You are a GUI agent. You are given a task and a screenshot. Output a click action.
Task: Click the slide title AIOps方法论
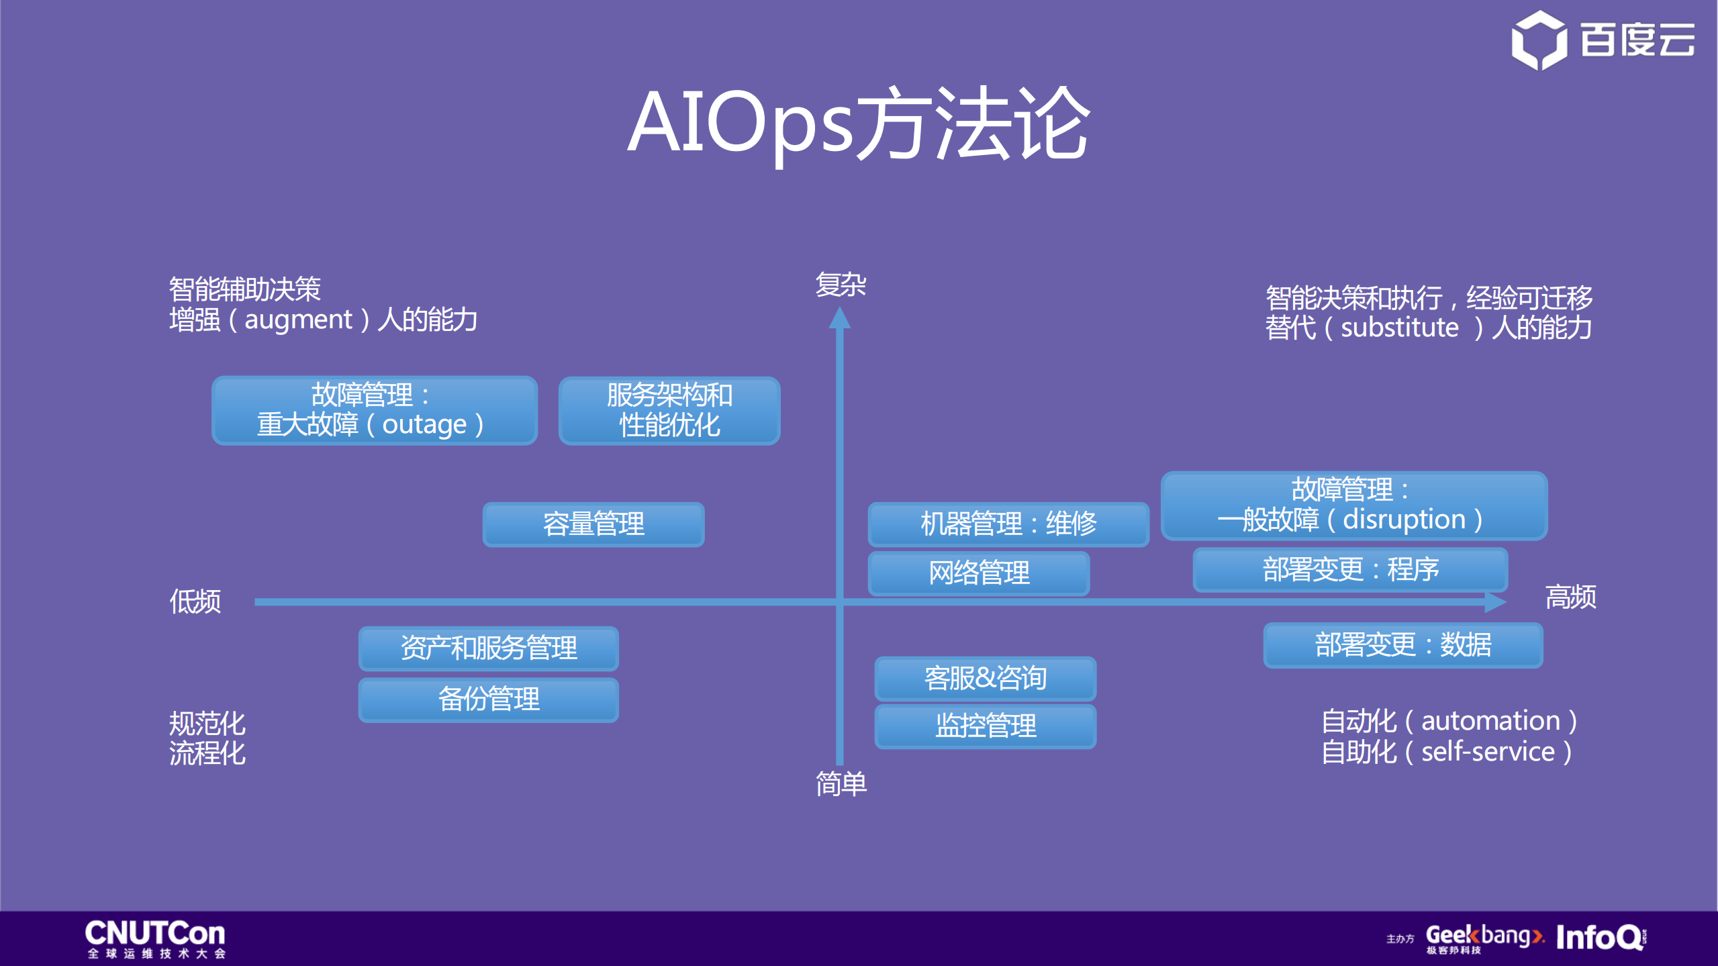click(x=858, y=124)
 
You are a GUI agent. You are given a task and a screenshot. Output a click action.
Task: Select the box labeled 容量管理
click(x=593, y=524)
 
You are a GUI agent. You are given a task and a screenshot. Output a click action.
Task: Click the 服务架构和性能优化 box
click(x=669, y=410)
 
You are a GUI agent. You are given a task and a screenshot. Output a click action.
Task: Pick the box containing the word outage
click(x=375, y=410)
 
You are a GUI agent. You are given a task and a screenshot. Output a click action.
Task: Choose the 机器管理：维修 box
click(x=1008, y=524)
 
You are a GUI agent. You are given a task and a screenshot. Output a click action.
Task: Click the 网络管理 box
click(x=979, y=573)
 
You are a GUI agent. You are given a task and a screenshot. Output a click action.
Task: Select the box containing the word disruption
click(x=1353, y=505)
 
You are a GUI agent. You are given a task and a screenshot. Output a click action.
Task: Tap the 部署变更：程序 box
click(x=1350, y=570)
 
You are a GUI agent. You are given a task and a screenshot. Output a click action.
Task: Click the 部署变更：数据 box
click(x=1402, y=645)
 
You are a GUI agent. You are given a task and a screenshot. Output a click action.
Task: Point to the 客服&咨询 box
click(x=985, y=678)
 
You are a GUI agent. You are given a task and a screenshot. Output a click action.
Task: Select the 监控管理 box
click(x=985, y=726)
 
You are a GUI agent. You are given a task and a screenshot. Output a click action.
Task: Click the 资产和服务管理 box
click(x=488, y=648)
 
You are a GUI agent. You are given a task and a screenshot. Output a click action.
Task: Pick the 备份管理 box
click(x=488, y=699)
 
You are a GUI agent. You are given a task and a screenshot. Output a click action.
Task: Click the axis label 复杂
click(x=841, y=285)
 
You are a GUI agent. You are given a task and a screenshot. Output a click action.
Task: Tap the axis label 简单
click(x=841, y=783)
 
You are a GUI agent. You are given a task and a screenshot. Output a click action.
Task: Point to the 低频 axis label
click(x=195, y=601)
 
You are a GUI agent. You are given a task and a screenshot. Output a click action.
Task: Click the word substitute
click(x=1400, y=328)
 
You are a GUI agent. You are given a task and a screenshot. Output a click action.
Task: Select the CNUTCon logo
click(x=155, y=938)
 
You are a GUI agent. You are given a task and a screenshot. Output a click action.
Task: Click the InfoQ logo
click(x=1600, y=937)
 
